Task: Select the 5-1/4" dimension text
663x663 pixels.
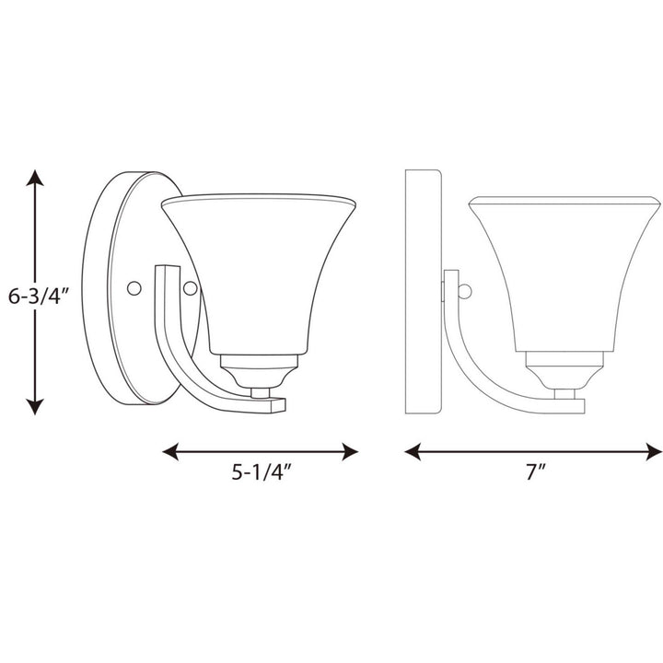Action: pos(262,476)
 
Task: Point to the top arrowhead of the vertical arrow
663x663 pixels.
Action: pos(36,178)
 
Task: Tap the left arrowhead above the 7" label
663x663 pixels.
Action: pos(414,451)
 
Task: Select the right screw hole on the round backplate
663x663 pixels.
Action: pos(191,288)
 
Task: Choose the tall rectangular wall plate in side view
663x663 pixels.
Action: pos(423,290)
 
